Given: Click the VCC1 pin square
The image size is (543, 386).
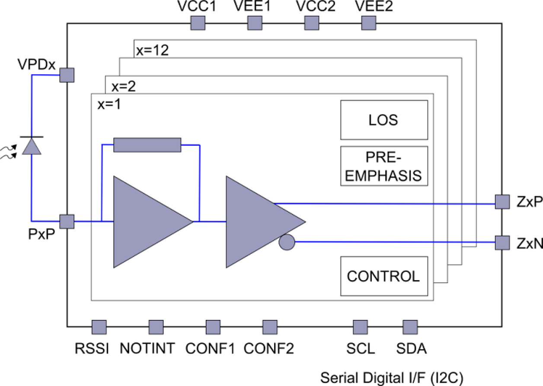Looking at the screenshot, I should [198, 23].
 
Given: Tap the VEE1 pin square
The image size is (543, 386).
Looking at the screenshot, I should [254, 23].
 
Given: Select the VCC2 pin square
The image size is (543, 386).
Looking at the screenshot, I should [311, 23].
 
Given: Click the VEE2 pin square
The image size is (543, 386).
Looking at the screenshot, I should [368, 23].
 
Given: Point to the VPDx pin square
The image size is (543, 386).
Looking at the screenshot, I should [67, 75].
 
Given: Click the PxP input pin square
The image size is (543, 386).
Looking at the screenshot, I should [67, 222].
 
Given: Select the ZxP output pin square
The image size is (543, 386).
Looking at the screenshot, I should [502, 202].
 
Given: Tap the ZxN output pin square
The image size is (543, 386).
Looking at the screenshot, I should [502, 242].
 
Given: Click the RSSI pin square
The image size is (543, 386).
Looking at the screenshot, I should [99, 327].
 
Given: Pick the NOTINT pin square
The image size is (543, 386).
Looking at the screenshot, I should [156, 327].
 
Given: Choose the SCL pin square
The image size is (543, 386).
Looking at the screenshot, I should [360, 327].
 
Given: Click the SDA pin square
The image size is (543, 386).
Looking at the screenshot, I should [410, 327].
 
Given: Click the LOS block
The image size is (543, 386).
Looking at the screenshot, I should [384, 120].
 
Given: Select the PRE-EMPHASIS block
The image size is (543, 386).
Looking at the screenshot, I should [384, 166].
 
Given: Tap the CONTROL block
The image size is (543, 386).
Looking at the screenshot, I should [384, 276].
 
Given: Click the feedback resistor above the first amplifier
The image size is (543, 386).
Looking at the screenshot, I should [147, 145].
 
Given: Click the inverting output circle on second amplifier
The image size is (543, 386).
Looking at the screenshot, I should [287, 242].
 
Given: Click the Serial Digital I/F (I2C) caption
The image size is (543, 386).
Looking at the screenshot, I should [392, 378].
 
